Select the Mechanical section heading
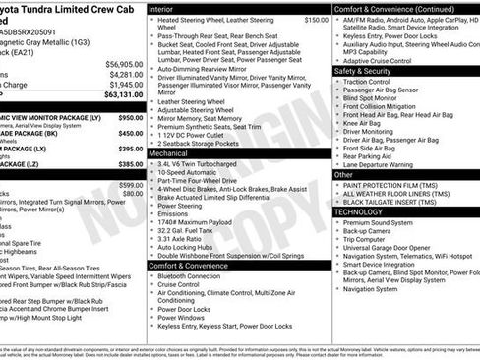click(x=169, y=153)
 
